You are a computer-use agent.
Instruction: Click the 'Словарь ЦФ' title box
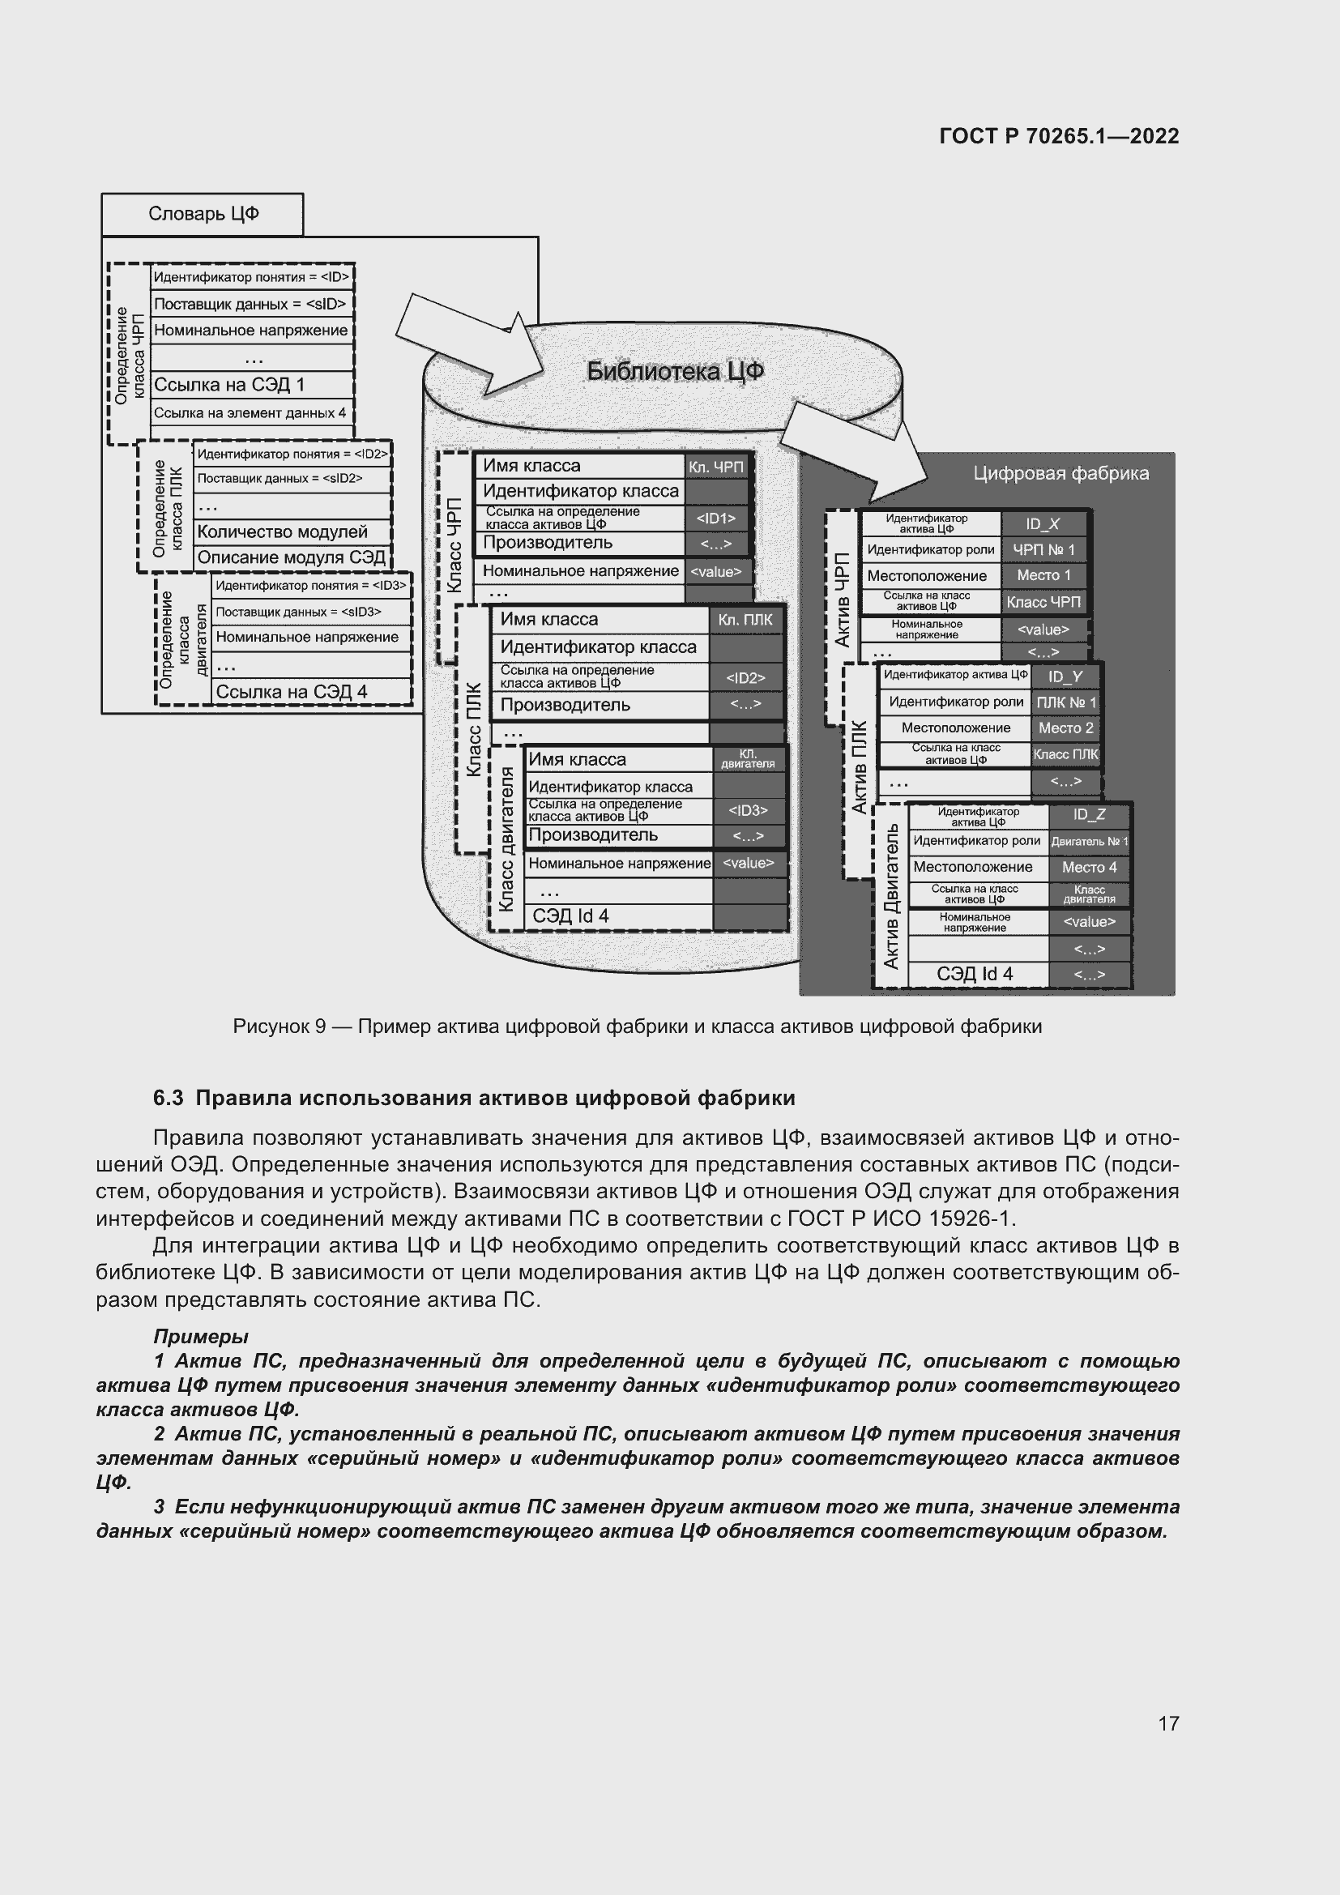pyautogui.click(x=203, y=215)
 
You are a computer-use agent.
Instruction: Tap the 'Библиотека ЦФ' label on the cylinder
pyautogui.click(x=675, y=371)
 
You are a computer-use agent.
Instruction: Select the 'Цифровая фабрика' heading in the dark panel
pyautogui.click(x=1060, y=474)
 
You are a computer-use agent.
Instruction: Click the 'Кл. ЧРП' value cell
pyautogui.click(x=716, y=467)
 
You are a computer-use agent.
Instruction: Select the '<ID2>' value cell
pyautogui.click(x=745, y=677)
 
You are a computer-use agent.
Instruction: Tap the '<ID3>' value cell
pyautogui.click(x=748, y=810)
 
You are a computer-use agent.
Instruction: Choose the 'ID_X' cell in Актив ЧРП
pyautogui.click(x=1043, y=524)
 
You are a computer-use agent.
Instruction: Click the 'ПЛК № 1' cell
pyautogui.click(x=1066, y=703)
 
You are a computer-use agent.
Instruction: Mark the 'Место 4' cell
pyautogui.click(x=1089, y=868)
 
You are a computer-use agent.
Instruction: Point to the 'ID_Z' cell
pyautogui.click(x=1089, y=814)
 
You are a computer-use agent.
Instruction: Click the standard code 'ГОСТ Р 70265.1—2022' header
pyautogui.click(x=1060, y=136)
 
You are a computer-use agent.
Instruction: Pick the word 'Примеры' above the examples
pyautogui.click(x=200, y=1336)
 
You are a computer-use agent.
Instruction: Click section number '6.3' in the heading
pyautogui.click(x=168, y=1099)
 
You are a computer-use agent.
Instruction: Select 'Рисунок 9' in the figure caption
pyautogui.click(x=279, y=1026)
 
